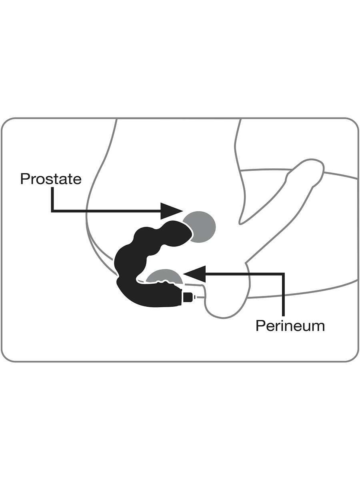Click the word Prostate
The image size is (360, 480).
tap(51, 179)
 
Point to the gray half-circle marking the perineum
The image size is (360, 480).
tap(164, 276)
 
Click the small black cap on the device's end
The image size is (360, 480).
tap(188, 297)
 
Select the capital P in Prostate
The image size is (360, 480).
tap(24, 179)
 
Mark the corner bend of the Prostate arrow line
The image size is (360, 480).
tap(52, 211)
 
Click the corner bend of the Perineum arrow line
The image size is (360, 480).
tap(284, 274)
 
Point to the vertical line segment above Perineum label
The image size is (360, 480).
tap(284, 295)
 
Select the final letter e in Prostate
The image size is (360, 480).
tap(77, 180)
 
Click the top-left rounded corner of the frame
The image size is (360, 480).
tap(6, 123)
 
